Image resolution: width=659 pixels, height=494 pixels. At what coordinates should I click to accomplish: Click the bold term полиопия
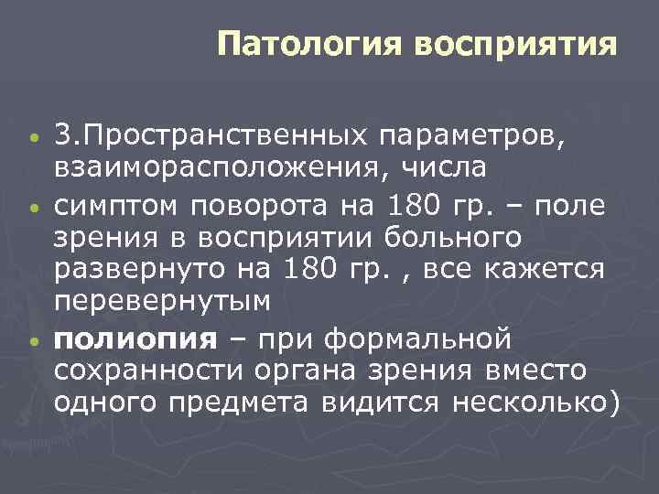coord(135,340)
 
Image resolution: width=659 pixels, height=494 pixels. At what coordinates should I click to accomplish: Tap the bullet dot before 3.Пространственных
coord(33,138)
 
